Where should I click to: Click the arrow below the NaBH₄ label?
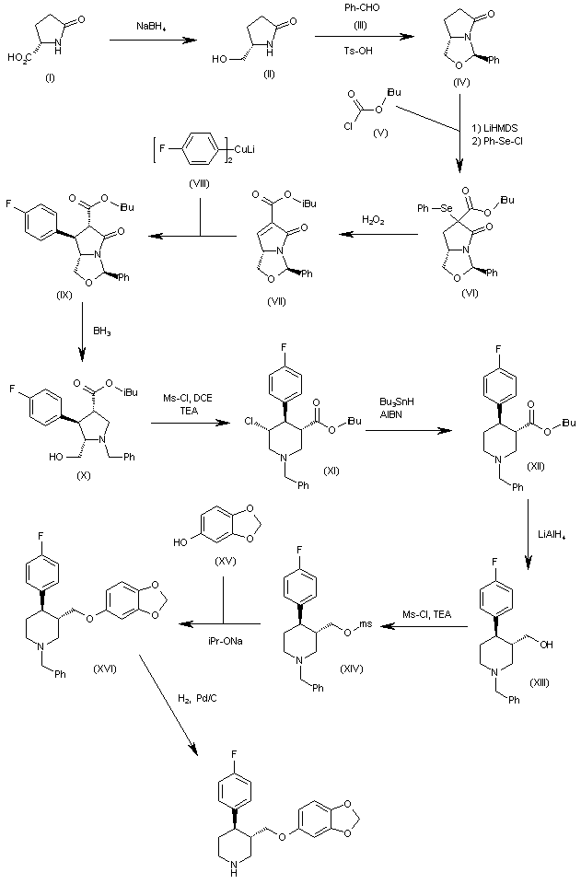coord(152,40)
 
